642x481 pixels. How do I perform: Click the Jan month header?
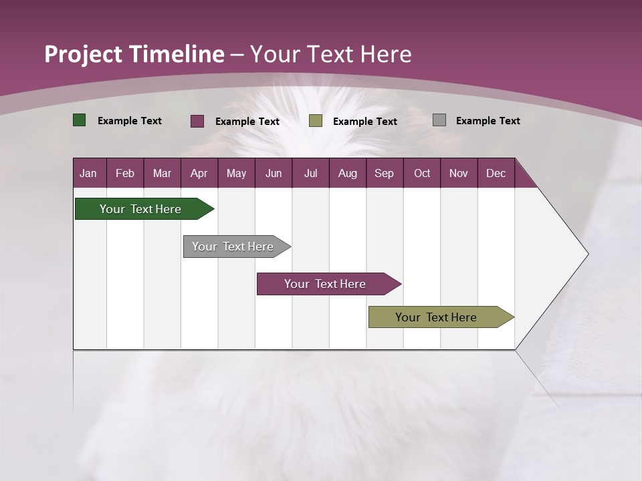88,173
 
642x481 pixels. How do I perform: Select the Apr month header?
199,173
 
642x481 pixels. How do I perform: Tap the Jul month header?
310,173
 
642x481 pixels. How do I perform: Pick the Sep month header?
384,173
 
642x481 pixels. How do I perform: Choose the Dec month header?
496,173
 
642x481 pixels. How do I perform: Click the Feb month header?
125,173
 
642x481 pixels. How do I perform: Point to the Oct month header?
422,173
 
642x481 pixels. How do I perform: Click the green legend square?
79,120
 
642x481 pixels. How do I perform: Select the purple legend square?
197,121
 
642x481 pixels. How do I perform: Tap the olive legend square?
316,121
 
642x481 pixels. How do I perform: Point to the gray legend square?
439,120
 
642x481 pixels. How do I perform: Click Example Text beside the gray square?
488,121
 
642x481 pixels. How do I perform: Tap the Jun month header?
274,173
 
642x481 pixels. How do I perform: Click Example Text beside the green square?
130,121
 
